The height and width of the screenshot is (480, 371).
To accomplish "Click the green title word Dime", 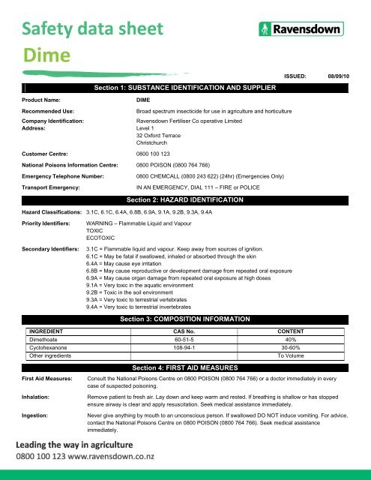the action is [x=46, y=56].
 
